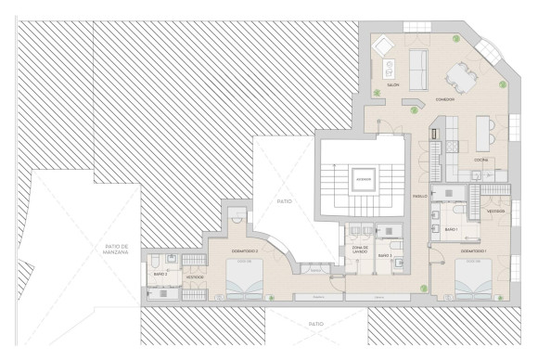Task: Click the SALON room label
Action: click(x=393, y=84)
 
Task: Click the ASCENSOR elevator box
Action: click(x=364, y=179)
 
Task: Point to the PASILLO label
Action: click(x=419, y=196)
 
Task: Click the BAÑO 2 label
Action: click(x=160, y=274)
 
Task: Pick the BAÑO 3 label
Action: click(x=385, y=254)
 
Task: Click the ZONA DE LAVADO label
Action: click(x=361, y=250)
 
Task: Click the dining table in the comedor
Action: click(x=460, y=75)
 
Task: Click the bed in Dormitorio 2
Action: click(x=245, y=278)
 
